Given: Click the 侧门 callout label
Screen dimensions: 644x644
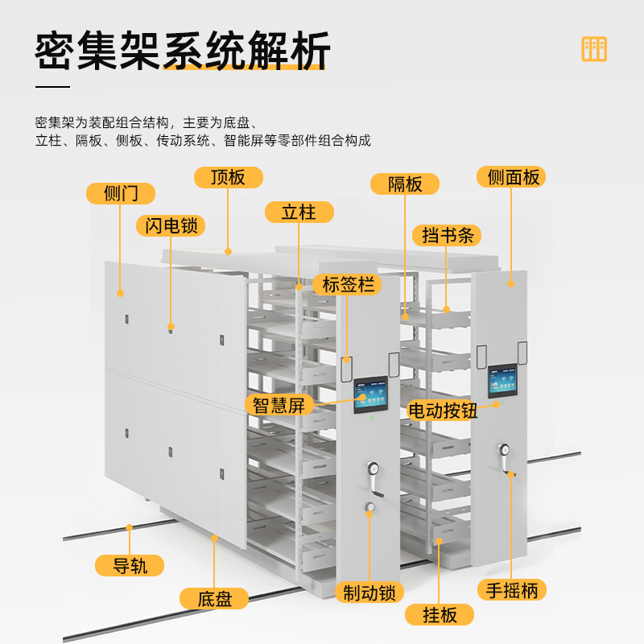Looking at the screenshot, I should (121, 193).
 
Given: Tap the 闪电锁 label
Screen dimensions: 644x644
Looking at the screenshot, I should (171, 225).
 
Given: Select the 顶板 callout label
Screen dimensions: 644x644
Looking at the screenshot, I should (229, 177).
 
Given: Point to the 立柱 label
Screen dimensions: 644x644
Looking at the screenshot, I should (299, 212).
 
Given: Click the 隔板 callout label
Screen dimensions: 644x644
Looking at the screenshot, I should (405, 184).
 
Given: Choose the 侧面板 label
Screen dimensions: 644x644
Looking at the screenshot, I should (511, 177).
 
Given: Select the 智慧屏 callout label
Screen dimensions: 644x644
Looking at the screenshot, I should (279, 404).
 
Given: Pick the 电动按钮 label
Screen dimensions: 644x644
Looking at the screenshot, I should (443, 410).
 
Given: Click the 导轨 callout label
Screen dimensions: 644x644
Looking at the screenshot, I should (129, 565).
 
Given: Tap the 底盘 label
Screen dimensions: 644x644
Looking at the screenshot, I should (215, 598).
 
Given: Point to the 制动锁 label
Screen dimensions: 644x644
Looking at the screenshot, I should (369, 592).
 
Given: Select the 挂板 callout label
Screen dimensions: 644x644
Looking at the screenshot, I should (440, 615).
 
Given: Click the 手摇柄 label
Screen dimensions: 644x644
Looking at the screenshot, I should (512, 589).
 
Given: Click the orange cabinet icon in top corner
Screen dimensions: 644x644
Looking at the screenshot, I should (594, 49).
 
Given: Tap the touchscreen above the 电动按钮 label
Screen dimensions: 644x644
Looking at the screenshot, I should (505, 382).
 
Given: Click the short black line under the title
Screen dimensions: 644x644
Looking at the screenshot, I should (53, 86).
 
